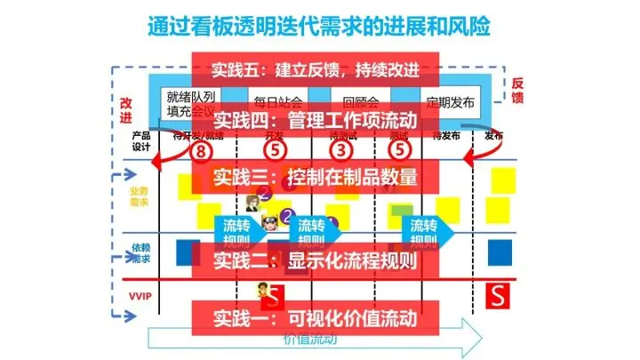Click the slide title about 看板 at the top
pos(319,23)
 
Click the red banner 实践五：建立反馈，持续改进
pos(315,69)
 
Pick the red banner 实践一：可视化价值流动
pos(315,316)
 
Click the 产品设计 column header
pos(140,141)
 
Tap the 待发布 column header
pos(445,136)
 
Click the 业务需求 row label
pos(140,196)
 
